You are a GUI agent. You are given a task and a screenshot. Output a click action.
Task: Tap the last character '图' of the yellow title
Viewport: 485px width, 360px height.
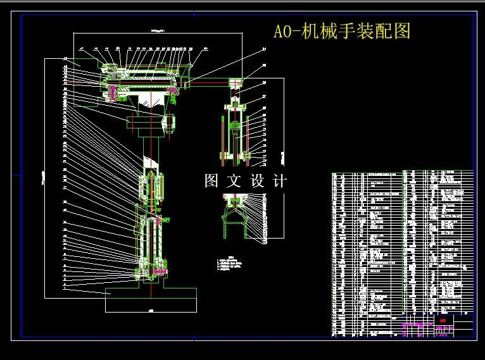[402, 31]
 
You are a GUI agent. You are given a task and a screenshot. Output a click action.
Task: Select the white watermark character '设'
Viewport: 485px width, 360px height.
[257, 181]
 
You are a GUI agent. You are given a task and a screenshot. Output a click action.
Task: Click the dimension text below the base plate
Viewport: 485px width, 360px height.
[151, 311]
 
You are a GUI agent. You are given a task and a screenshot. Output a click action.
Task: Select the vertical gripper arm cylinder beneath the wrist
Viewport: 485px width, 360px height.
[236, 133]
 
